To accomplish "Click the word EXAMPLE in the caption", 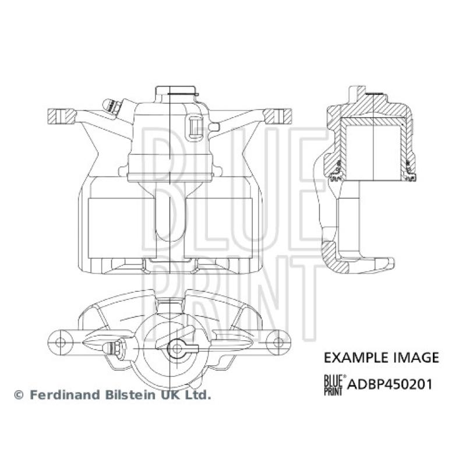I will coord(348,357).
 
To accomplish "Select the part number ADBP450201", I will coord(390,384).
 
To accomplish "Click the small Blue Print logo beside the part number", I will coord(334,384).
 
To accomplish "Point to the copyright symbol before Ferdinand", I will coord(19,396).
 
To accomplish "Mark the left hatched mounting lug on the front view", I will coord(61,116).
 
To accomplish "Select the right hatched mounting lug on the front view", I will coord(277,115).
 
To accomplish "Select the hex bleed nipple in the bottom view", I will coord(113,348).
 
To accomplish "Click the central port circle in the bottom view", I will coord(175,348).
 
